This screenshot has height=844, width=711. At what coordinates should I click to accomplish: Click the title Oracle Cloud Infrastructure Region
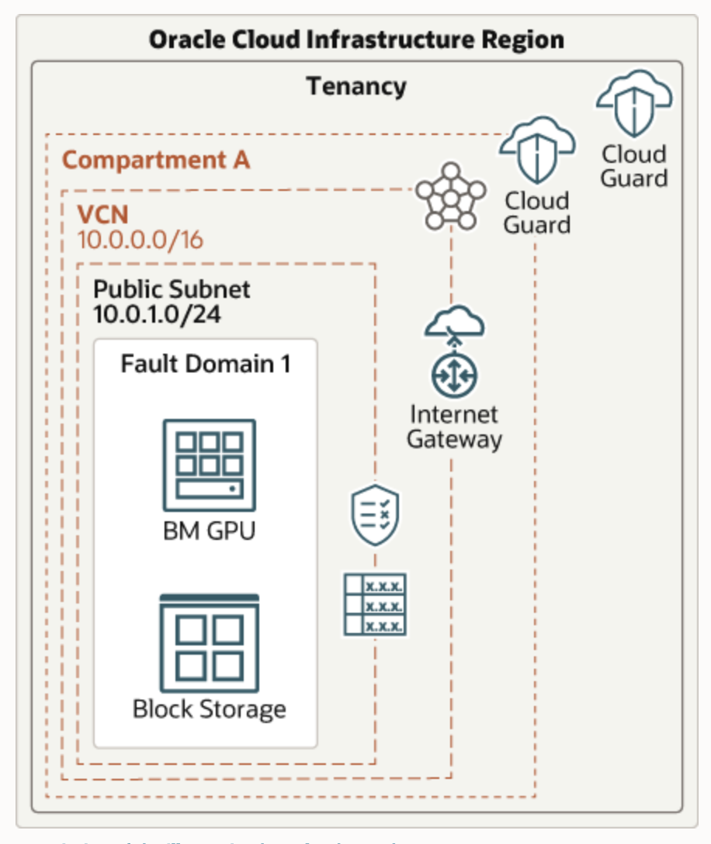(x=356, y=40)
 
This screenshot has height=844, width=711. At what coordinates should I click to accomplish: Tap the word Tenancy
(x=356, y=86)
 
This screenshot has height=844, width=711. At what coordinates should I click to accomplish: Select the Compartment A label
(x=156, y=161)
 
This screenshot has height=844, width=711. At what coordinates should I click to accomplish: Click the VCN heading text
(x=102, y=213)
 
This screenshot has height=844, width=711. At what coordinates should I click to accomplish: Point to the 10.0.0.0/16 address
(x=140, y=240)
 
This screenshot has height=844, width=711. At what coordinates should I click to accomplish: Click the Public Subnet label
(x=172, y=289)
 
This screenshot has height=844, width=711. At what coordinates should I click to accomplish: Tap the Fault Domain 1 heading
(x=206, y=363)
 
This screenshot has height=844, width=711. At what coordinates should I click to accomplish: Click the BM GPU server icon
(x=209, y=465)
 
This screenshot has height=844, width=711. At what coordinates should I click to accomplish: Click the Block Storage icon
(x=209, y=643)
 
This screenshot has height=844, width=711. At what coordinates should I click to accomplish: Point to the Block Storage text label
(x=209, y=709)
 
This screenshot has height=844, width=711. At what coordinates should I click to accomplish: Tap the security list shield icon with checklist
(x=376, y=515)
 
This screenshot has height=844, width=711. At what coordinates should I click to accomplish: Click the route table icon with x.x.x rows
(x=376, y=604)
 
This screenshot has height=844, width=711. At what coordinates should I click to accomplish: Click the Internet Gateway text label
(x=454, y=427)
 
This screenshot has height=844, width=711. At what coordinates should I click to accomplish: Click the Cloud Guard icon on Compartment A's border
(x=537, y=150)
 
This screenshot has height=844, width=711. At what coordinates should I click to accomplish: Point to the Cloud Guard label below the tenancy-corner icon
(x=634, y=166)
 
